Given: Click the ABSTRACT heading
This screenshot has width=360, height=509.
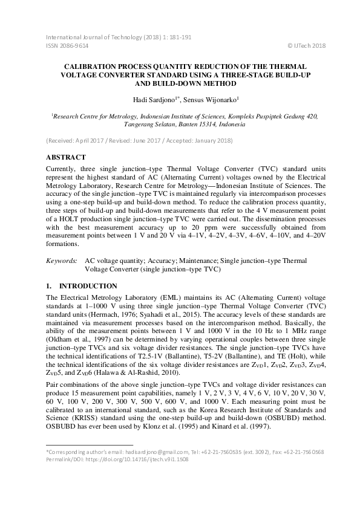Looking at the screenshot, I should pyautogui.click(x=68, y=157).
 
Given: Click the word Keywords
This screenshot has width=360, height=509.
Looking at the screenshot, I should pyautogui.click(x=62, y=261).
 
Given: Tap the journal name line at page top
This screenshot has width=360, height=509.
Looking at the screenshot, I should pyautogui.click(x=119, y=37).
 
